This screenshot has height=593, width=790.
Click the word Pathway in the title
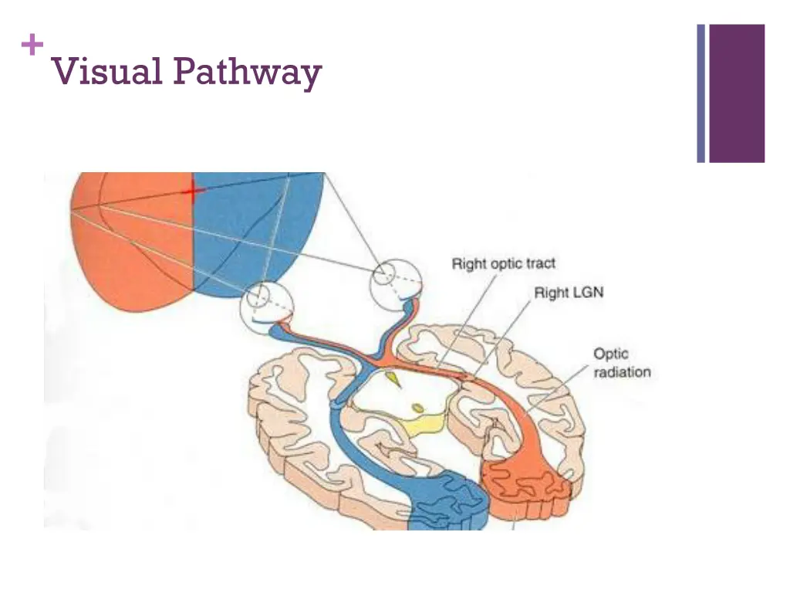[x=248, y=73]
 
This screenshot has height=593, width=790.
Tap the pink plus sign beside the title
[x=32, y=45]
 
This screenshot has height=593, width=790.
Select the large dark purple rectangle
[x=737, y=93]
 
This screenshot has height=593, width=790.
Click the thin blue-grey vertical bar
[x=701, y=93]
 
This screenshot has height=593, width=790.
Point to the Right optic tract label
[x=503, y=264]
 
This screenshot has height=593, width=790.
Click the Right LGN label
[x=569, y=293]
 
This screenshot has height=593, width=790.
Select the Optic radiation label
[x=622, y=363]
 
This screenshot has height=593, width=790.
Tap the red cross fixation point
[x=193, y=191]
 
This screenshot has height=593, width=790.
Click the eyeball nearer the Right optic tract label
[x=396, y=284]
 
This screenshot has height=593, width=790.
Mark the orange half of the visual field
[x=132, y=241]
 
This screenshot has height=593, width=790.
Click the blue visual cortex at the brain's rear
[x=447, y=503]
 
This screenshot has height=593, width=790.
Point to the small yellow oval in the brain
[x=417, y=408]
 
